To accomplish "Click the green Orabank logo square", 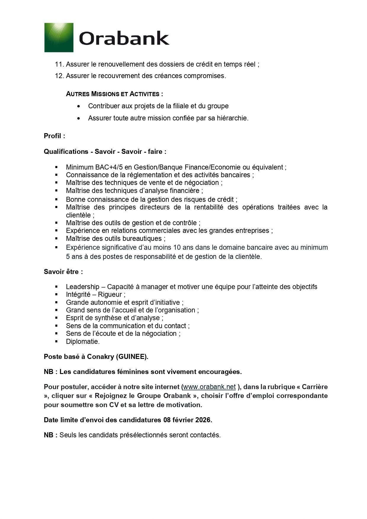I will click(x=59, y=38).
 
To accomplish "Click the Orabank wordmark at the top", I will click(x=124, y=38).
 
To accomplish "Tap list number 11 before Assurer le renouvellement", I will click(x=59, y=64).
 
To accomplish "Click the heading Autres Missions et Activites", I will click(x=114, y=94).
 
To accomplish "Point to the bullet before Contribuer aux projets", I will click(x=78, y=106).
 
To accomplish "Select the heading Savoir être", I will click(x=63, y=272).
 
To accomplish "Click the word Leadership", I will click(x=83, y=287).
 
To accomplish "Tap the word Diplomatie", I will click(x=83, y=341).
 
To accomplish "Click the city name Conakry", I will click(x=100, y=357).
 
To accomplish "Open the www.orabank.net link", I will click(x=210, y=387).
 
